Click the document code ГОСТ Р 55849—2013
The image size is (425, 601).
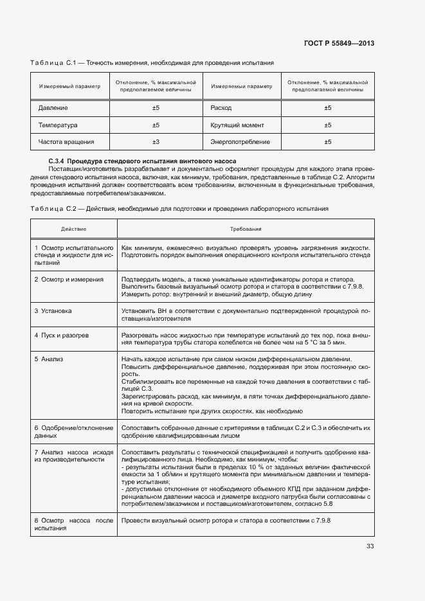click(339, 43)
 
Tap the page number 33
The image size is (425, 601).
click(370, 546)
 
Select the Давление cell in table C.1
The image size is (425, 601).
click(53, 108)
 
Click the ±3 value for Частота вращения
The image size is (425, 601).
click(156, 142)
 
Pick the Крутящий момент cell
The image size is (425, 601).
click(237, 125)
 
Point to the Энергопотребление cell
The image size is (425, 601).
click(240, 142)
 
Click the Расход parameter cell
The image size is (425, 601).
click(221, 108)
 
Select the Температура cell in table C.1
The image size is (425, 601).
click(57, 125)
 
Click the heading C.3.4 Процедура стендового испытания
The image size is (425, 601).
click(142, 161)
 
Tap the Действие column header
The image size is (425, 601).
click(73, 229)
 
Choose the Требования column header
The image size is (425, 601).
click(246, 229)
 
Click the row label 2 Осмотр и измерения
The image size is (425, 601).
click(69, 280)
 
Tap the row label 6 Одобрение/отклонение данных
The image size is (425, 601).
click(73, 431)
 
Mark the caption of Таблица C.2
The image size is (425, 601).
click(179, 209)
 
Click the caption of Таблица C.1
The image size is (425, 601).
click(152, 63)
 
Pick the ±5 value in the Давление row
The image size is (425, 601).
click(156, 108)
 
